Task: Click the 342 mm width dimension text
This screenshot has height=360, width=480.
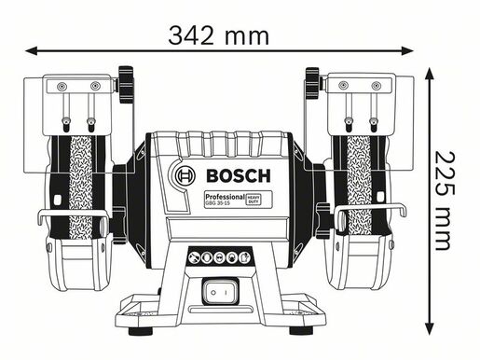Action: (x=219, y=35)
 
